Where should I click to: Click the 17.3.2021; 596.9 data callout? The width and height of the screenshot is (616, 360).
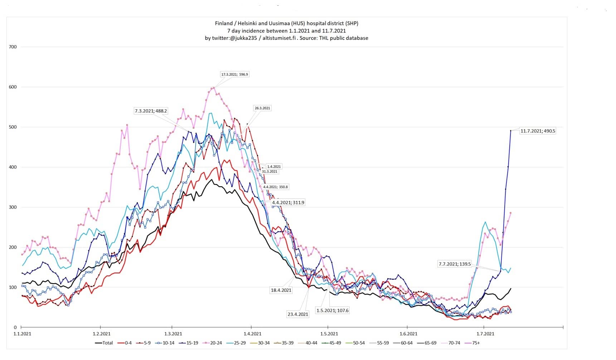pyautogui.click(x=234, y=75)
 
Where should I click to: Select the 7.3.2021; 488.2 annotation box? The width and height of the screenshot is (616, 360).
pyautogui.click(x=151, y=111)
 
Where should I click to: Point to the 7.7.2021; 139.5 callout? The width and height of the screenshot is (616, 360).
pyautogui.click(x=455, y=264)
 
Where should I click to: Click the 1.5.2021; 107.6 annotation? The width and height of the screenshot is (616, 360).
pyautogui.click(x=332, y=311)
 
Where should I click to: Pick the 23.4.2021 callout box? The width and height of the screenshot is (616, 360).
pyautogui.click(x=298, y=314)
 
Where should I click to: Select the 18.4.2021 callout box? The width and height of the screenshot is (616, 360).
pyautogui.click(x=281, y=290)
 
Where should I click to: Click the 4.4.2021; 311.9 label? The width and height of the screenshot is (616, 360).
pyautogui.click(x=288, y=202)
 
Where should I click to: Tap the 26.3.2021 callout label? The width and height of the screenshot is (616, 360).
pyautogui.click(x=262, y=108)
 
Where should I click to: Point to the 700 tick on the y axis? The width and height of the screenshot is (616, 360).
pyautogui.click(x=13, y=47)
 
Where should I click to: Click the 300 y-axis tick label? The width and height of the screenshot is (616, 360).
pyautogui.click(x=13, y=207)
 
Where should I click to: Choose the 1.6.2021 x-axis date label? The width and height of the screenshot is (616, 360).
pyautogui.click(x=408, y=334)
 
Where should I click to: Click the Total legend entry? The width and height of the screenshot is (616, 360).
pyautogui.click(x=104, y=343)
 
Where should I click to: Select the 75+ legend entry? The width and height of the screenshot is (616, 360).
pyautogui.click(x=472, y=343)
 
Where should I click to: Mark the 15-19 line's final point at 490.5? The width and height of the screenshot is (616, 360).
pyautogui.click(x=510, y=131)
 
